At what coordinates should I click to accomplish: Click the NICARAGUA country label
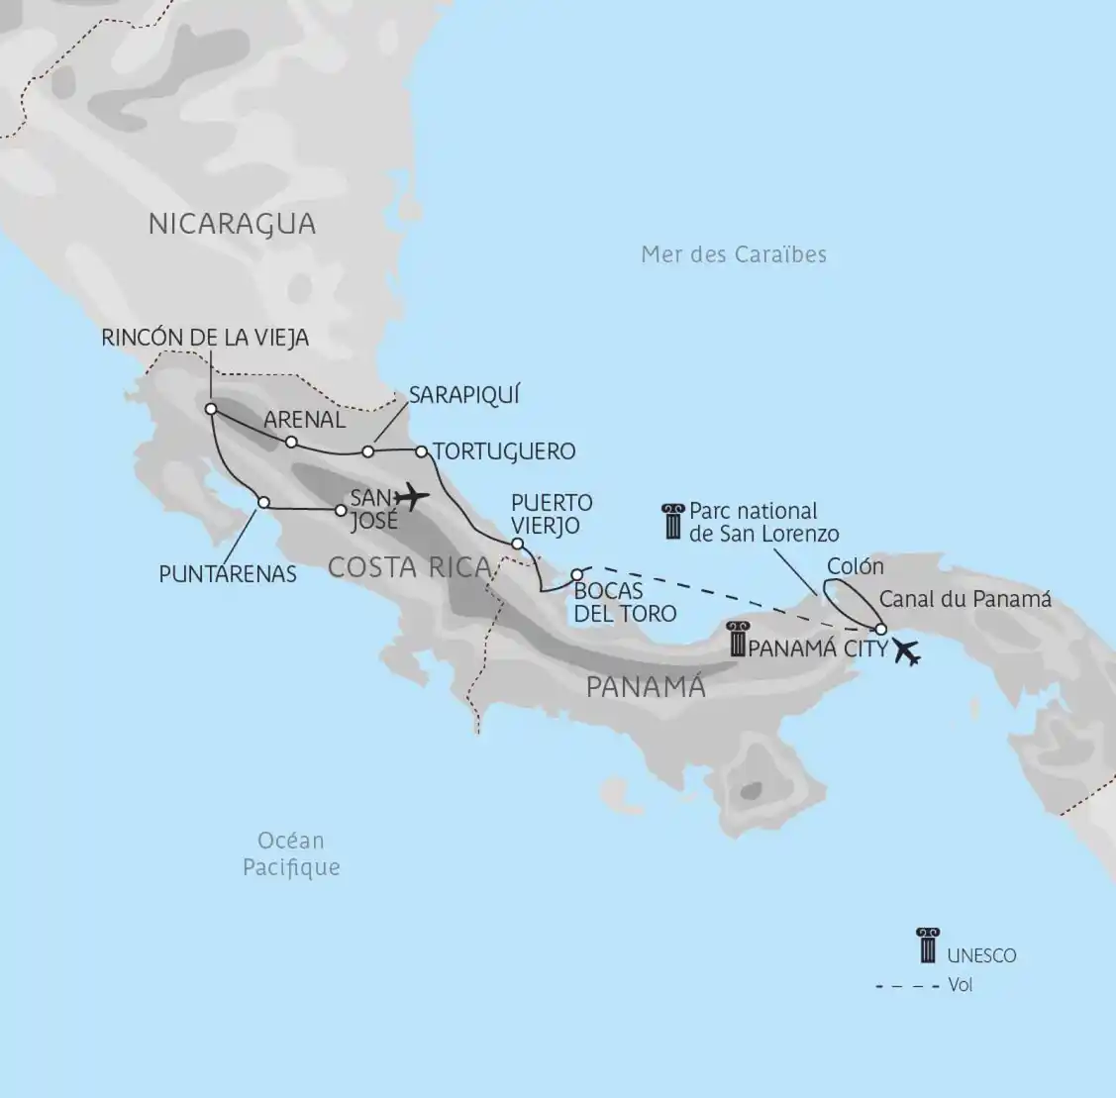point(232,224)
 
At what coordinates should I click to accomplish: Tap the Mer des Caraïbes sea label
point(733,254)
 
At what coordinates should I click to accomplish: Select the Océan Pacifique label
point(291,853)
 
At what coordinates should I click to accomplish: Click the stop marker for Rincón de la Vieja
point(211,409)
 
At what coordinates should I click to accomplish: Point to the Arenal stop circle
point(291,442)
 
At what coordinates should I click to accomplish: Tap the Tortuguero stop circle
point(421,451)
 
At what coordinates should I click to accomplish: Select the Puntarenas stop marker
point(263,502)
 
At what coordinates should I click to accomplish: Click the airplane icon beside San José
point(410,494)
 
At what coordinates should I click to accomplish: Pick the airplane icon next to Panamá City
point(906,652)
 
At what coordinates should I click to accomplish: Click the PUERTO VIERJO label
point(552,514)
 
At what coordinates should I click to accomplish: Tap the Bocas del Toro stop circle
point(576,575)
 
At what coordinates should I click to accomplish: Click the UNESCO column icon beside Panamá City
point(737,640)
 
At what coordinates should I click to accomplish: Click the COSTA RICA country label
point(409,567)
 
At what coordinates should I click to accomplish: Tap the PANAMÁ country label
point(646,686)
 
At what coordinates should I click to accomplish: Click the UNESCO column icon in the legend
point(927,946)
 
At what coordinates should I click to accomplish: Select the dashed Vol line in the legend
point(906,986)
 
